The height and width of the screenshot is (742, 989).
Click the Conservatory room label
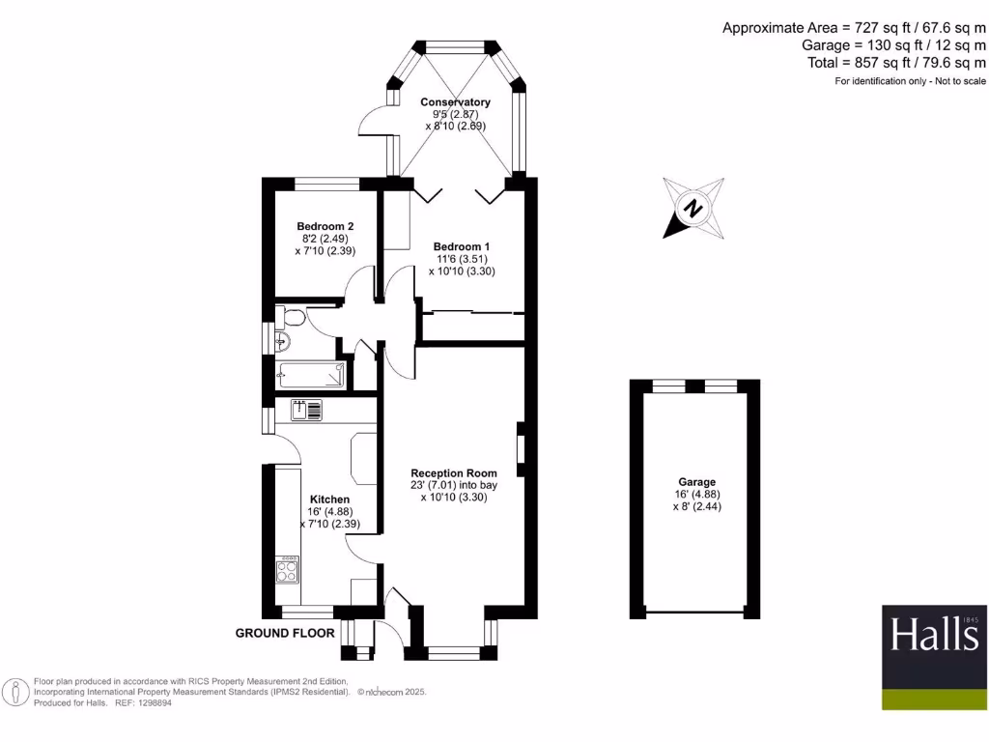click(455, 101)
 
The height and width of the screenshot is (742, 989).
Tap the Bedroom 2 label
click(317, 226)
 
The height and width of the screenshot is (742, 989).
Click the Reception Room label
click(452, 473)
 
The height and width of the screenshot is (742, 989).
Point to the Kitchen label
click(329, 499)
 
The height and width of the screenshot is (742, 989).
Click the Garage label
click(696, 481)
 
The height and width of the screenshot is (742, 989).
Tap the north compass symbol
click(692, 207)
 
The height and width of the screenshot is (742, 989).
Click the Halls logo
click(934, 635)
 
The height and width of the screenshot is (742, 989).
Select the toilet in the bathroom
click(293, 319)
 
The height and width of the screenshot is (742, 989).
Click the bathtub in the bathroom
click(310, 375)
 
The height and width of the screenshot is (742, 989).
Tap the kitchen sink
click(307, 411)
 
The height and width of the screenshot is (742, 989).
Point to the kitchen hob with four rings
click(288, 570)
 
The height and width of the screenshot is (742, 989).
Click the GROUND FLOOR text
click(285, 634)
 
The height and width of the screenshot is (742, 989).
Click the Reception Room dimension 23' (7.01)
click(432, 486)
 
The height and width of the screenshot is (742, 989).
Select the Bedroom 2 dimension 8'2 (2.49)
click(319, 239)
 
